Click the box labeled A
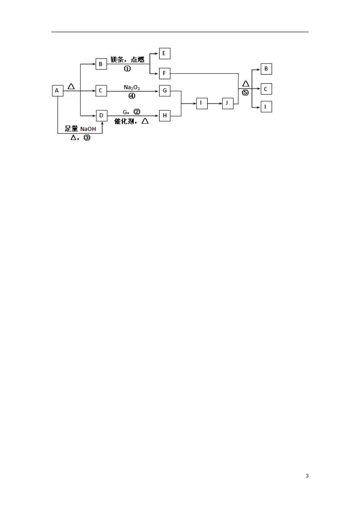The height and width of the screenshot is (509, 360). (x=57, y=91)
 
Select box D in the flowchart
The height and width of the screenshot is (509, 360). (x=101, y=116)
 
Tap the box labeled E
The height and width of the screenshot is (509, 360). (x=164, y=53)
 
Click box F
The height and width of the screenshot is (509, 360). (x=164, y=73)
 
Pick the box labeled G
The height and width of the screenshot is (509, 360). (x=164, y=91)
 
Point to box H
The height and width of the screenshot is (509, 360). (x=164, y=116)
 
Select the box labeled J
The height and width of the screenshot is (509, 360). (x=227, y=103)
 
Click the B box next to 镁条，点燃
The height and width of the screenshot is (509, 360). (x=101, y=64)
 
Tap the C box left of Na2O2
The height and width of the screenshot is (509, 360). (x=101, y=91)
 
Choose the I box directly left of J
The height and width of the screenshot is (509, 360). (x=202, y=103)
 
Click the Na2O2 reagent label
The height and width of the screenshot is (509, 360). (x=132, y=87)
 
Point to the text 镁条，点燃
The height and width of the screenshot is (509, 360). (x=127, y=60)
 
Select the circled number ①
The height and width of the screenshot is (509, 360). (x=127, y=69)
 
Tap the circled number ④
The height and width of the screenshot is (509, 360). (x=132, y=96)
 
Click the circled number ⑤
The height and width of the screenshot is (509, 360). (x=246, y=93)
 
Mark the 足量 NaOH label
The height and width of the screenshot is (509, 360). (x=80, y=129)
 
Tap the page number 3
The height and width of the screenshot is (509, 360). (x=307, y=476)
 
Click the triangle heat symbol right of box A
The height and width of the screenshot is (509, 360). (x=71, y=87)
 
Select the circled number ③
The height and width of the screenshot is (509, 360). (x=87, y=138)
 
